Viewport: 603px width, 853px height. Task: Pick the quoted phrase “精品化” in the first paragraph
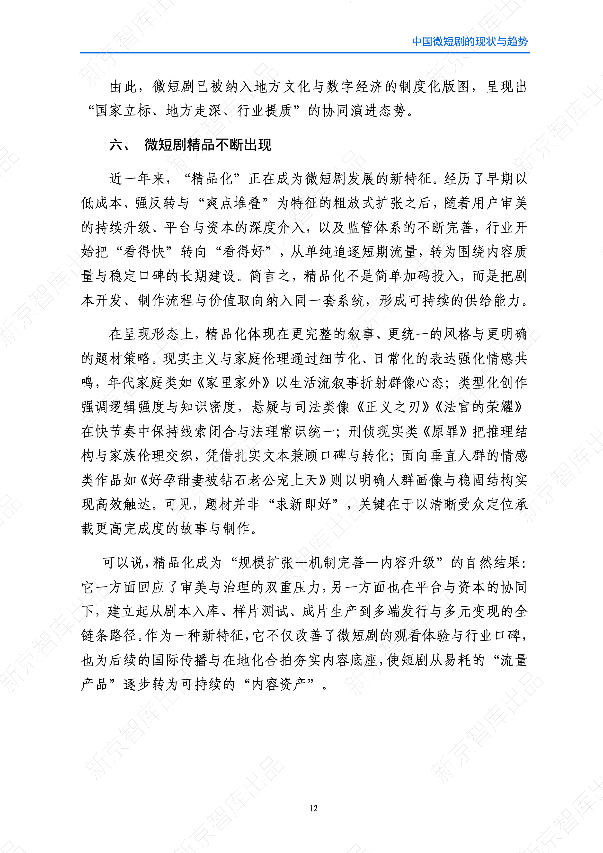212,179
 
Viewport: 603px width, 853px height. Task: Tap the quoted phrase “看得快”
144,252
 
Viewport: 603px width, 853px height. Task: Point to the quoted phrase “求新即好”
303,504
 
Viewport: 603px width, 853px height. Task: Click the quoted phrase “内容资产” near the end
279,684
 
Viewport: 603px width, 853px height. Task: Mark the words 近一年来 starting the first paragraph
137,179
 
